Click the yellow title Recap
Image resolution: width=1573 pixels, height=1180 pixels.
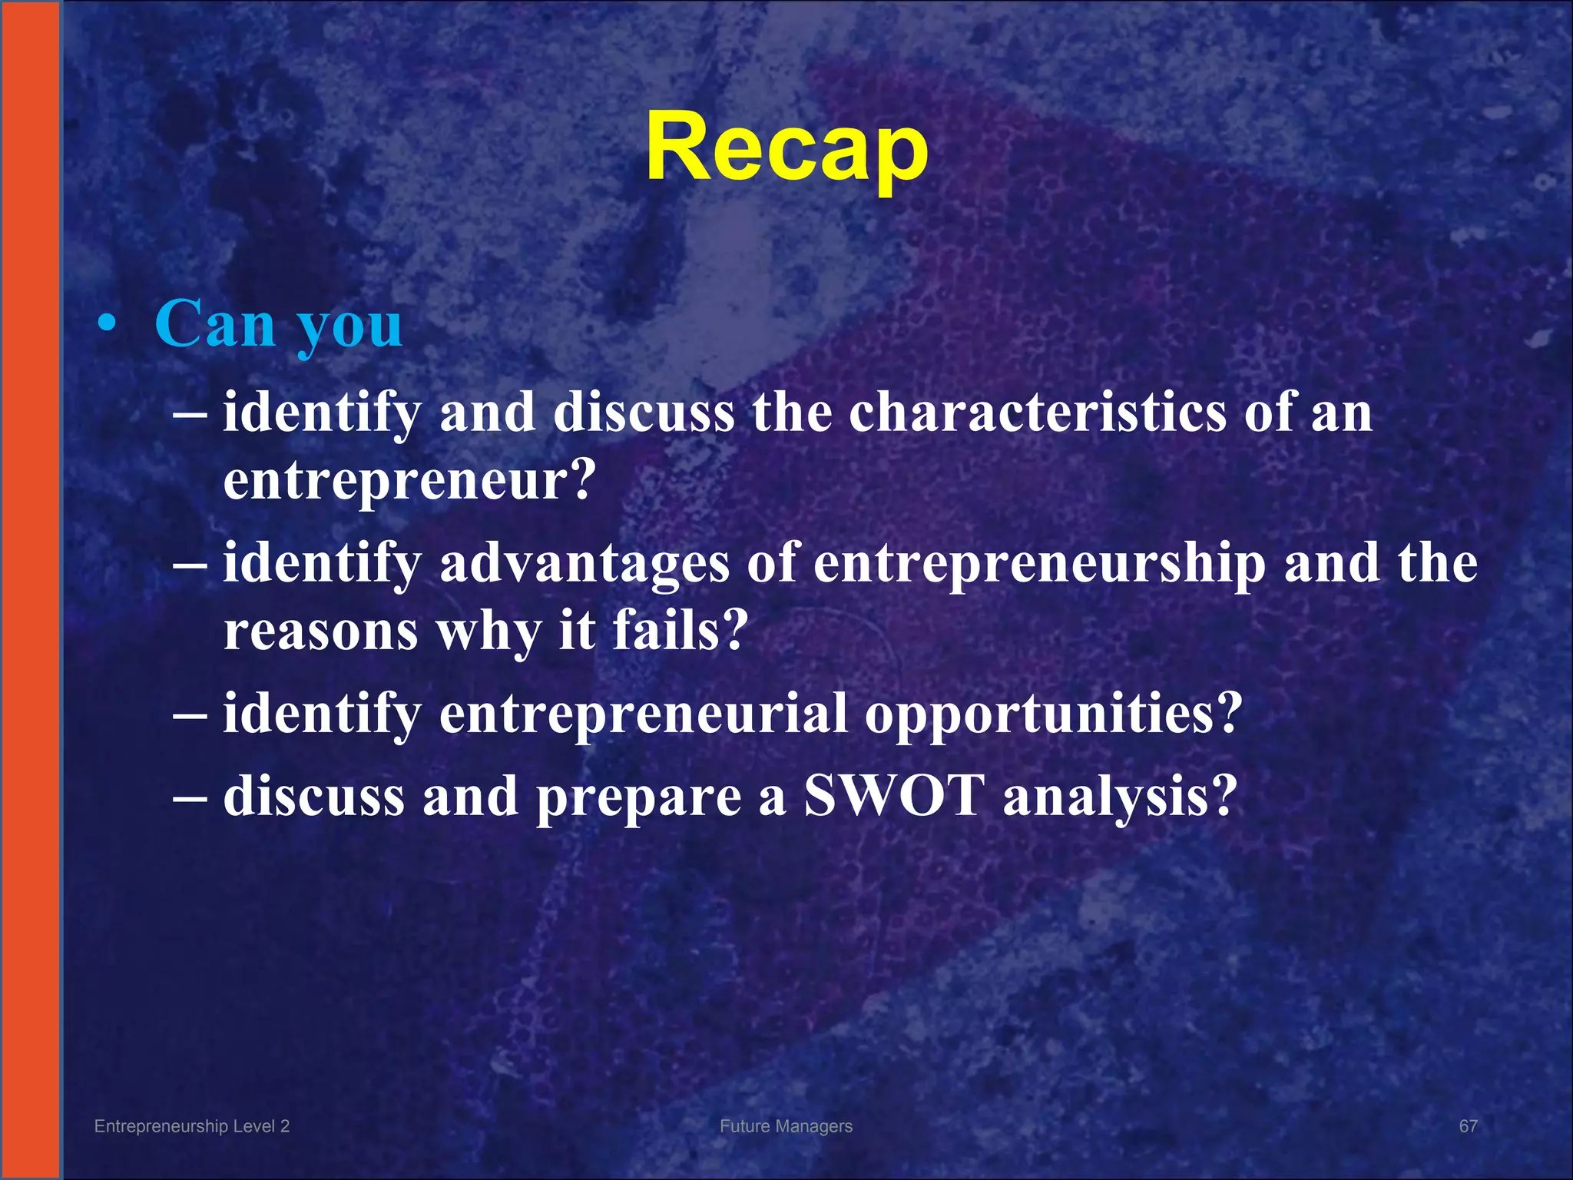[x=786, y=147]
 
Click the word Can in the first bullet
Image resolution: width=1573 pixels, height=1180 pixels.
[x=214, y=323]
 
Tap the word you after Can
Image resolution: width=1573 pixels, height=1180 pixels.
[x=350, y=326]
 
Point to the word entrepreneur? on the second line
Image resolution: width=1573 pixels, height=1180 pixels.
[x=409, y=482]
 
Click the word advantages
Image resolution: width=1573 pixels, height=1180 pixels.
[x=584, y=563]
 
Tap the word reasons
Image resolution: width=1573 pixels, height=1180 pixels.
[x=321, y=631]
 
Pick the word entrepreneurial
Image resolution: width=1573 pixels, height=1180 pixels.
[x=644, y=714]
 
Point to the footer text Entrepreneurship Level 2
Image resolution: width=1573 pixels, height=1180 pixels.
[x=192, y=1126]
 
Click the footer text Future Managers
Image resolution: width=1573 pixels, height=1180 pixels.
[x=786, y=1126]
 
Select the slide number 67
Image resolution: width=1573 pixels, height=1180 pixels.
[x=1468, y=1126]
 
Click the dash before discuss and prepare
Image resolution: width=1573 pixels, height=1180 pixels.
[x=190, y=797]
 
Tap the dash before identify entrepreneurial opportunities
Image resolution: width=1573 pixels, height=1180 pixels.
[x=190, y=714]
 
